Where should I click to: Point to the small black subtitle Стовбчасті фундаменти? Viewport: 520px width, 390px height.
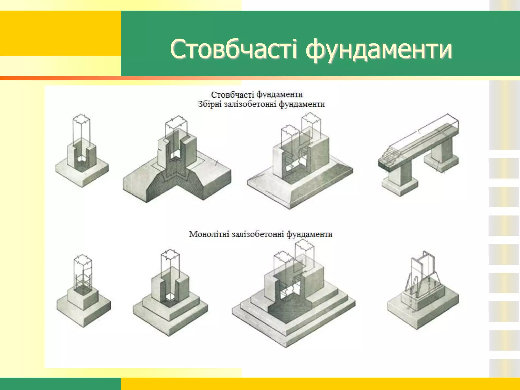point(257,95)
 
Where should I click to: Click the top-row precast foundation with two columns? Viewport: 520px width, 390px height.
point(300,165)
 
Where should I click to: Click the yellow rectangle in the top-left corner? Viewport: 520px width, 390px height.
point(60,33)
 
